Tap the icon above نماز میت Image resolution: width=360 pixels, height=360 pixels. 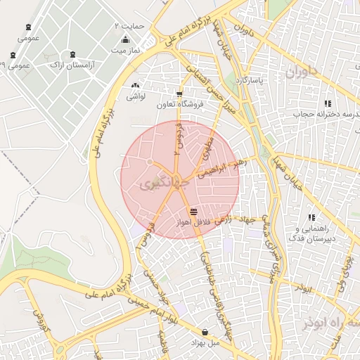(125, 39)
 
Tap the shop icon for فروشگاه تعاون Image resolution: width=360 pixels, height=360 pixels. (179, 94)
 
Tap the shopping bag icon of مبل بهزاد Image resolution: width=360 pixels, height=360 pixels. (205, 331)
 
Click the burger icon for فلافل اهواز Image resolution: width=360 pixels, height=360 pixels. (193, 211)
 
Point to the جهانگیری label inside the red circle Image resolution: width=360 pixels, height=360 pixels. (156, 185)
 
